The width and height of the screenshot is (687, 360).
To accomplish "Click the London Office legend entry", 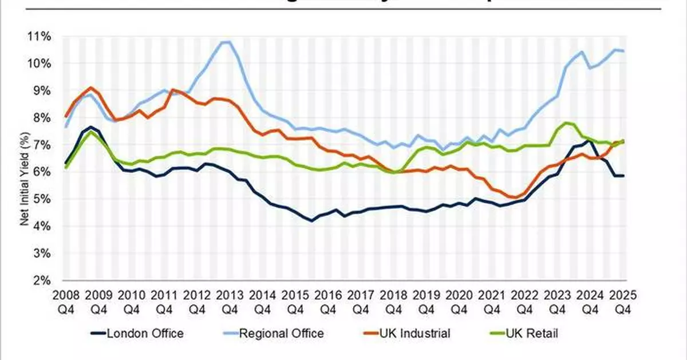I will tap(137, 333).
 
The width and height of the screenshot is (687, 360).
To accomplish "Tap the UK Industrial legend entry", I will tap(414, 333).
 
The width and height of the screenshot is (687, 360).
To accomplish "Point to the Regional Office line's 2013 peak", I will tap(226, 42).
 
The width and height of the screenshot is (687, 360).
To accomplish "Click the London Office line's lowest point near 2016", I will tap(312, 220).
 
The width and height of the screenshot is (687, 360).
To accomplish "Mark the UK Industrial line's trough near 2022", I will tap(516, 197).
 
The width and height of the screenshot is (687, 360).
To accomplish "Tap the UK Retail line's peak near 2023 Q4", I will tap(566, 122).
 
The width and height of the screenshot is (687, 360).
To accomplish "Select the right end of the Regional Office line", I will tap(623, 51).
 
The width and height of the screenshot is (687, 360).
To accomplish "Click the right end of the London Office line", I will tap(623, 176).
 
